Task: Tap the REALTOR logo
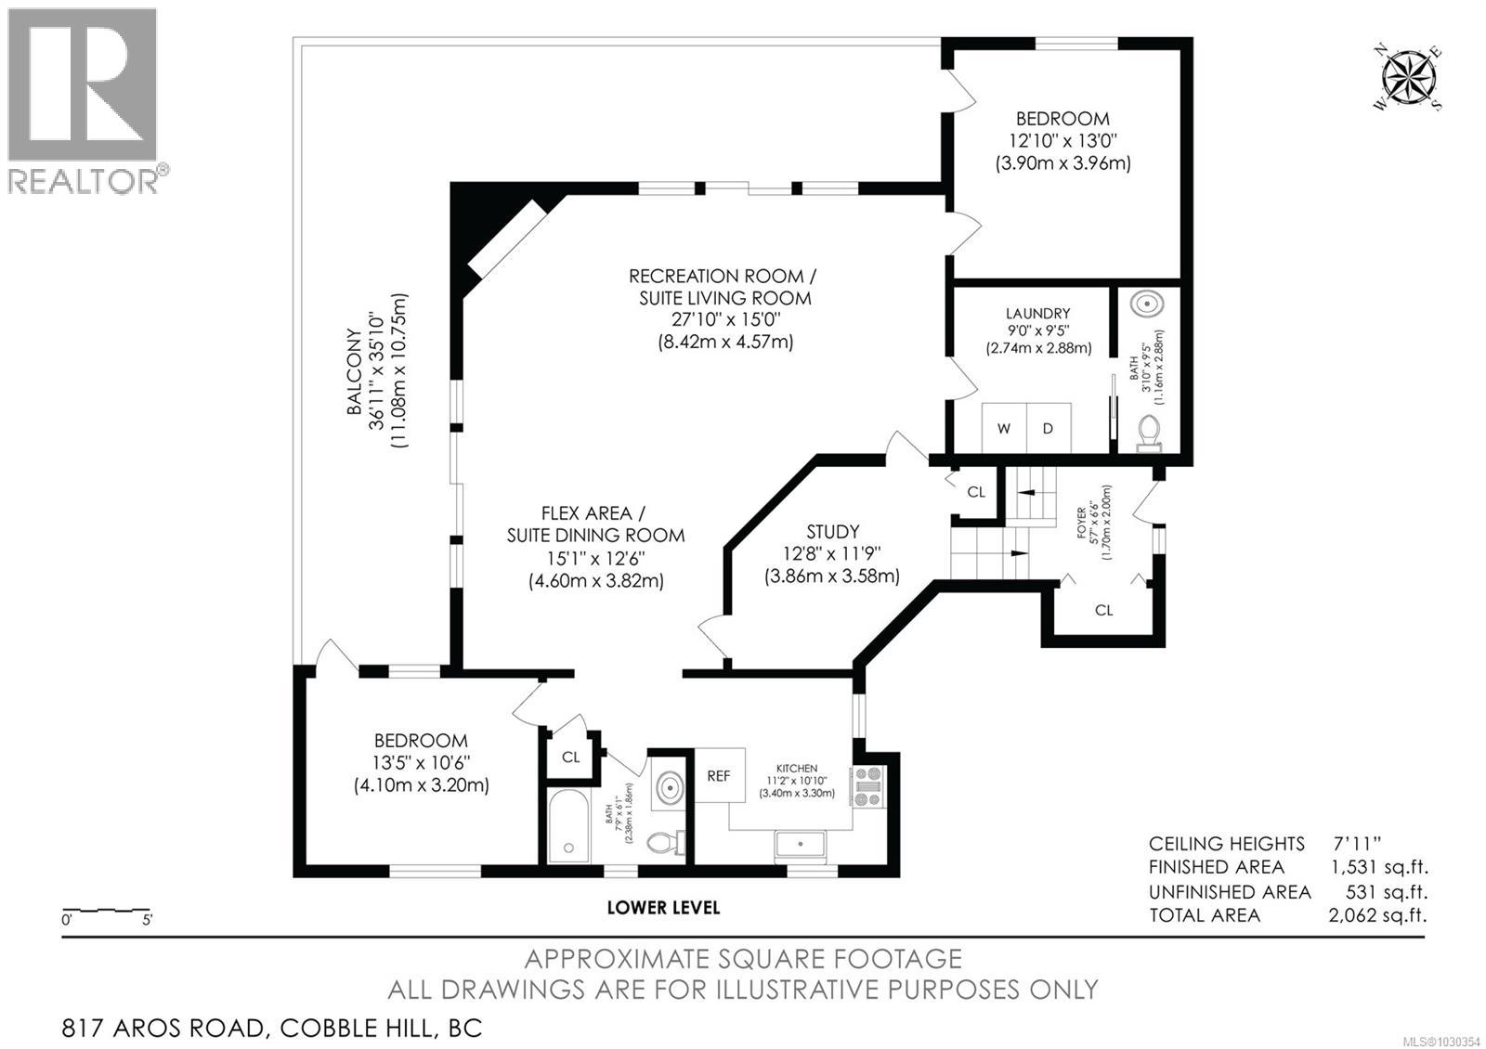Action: tap(83, 99)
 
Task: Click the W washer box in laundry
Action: tap(1004, 428)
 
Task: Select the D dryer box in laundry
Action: tap(1049, 428)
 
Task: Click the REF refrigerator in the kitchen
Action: tap(719, 775)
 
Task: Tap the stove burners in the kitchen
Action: tap(870, 785)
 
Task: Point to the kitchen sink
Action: tap(801, 846)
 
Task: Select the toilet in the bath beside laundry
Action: tap(1149, 432)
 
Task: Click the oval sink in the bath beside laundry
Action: tap(1150, 304)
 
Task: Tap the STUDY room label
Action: tap(832, 532)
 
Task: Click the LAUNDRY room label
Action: tap(1037, 314)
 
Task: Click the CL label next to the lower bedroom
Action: tap(570, 757)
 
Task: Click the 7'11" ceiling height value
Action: tap(1357, 843)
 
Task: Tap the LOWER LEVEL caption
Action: tap(663, 907)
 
